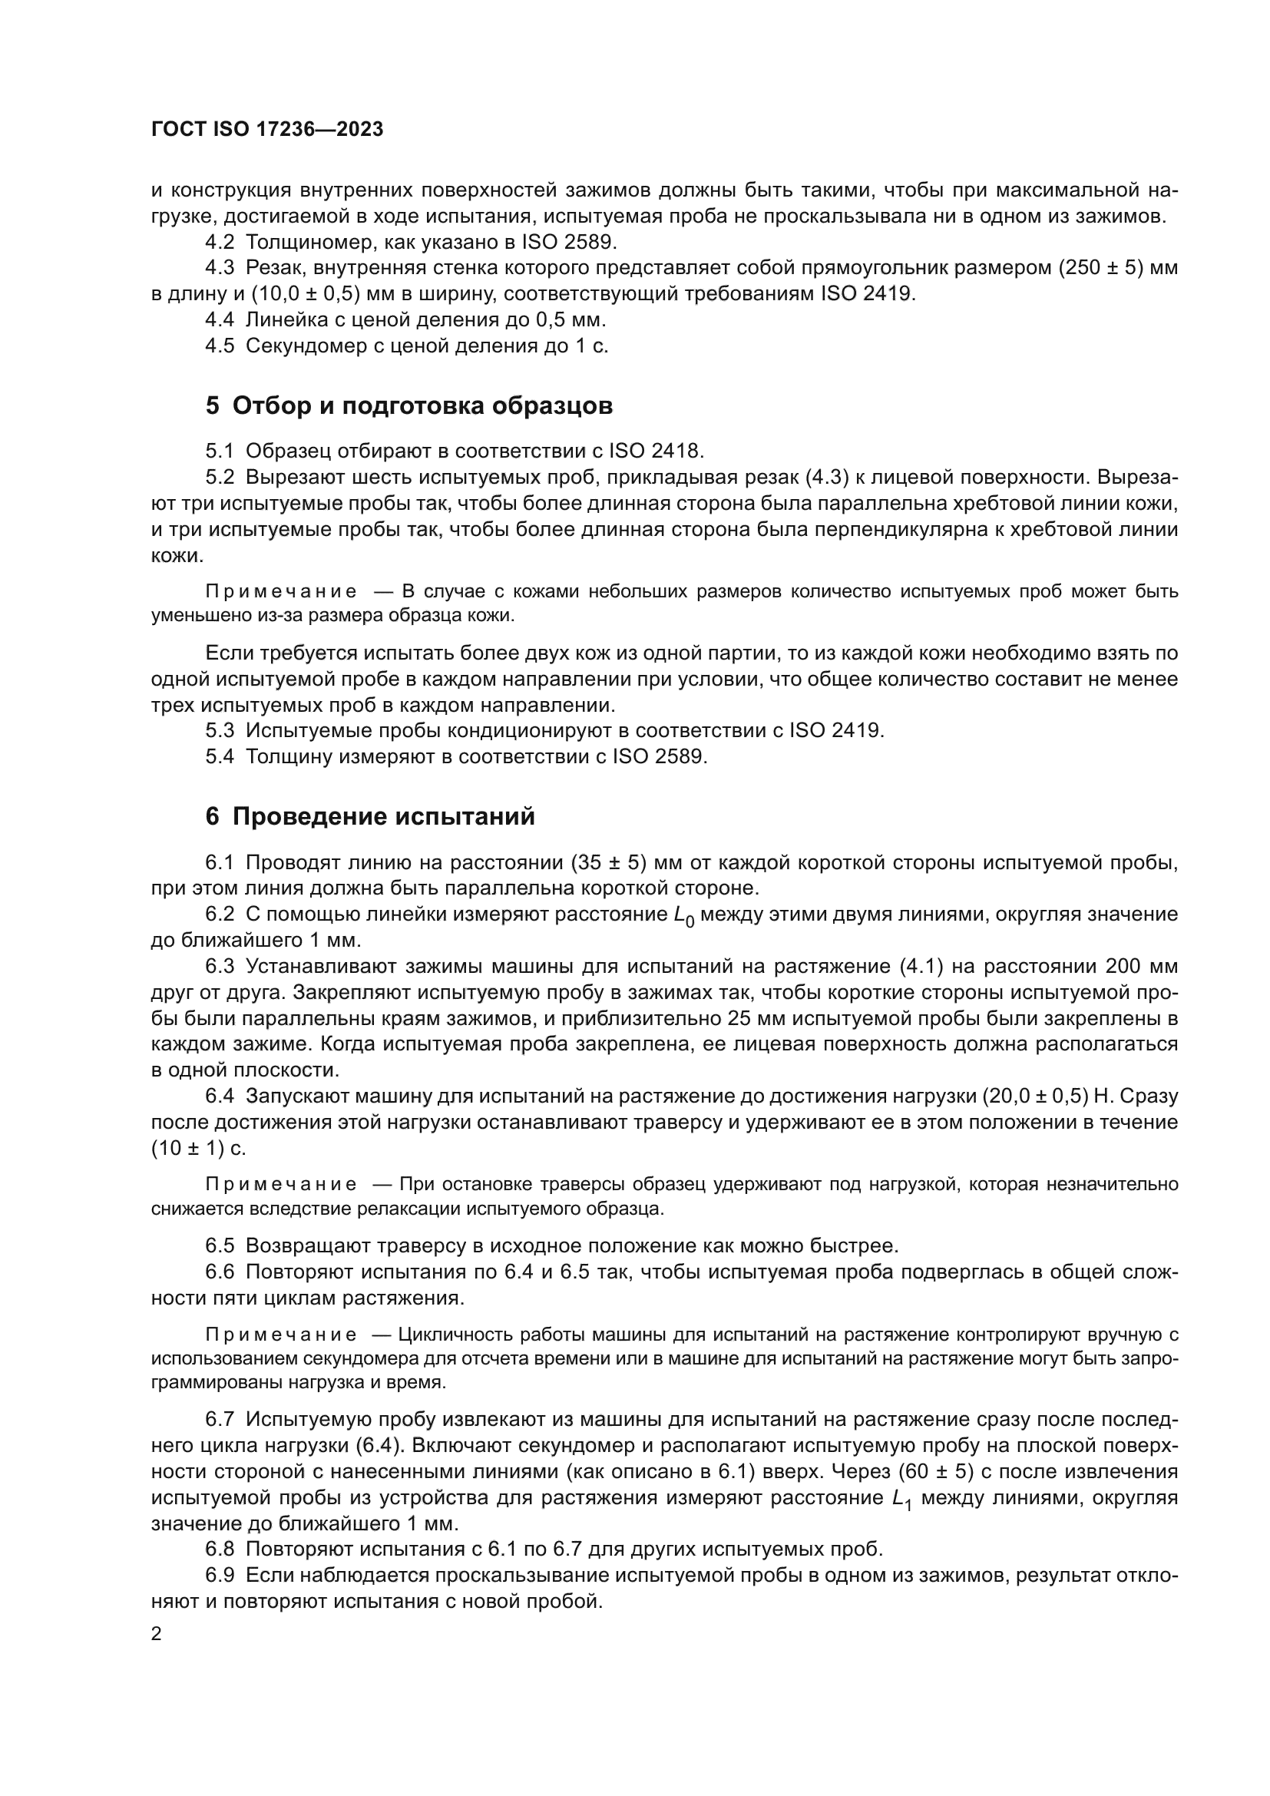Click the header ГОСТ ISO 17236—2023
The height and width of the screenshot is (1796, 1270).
[x=266, y=130]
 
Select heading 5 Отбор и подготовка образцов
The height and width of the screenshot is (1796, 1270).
[x=409, y=406]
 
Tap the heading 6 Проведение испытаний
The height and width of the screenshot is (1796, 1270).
[x=370, y=817]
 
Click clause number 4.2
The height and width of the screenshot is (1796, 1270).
[x=220, y=242]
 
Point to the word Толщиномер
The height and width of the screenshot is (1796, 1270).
[x=304, y=242]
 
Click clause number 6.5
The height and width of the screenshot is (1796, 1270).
[x=220, y=1245]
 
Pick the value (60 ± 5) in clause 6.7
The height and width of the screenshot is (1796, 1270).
[x=935, y=1471]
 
